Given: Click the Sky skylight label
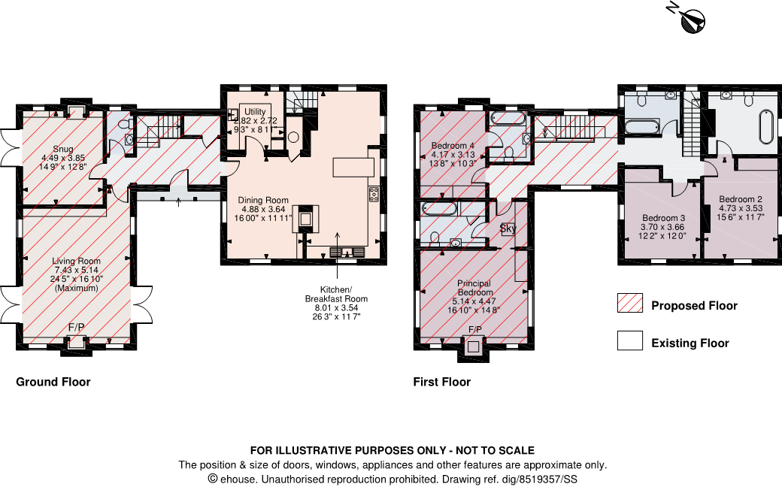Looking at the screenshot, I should coord(508,228).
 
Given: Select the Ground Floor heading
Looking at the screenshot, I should coord(53,382).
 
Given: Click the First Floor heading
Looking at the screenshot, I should coord(441,382).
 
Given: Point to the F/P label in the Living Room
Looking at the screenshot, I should coord(76,328).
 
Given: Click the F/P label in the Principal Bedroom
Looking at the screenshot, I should coord(475,330).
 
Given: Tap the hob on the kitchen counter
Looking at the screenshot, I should coord(373,194).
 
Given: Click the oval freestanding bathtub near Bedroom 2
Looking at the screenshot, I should coord(765,127).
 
